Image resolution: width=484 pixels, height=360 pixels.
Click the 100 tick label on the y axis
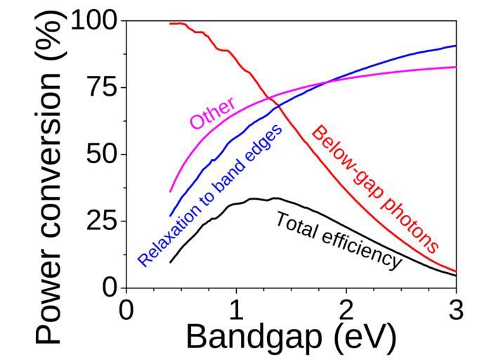96,21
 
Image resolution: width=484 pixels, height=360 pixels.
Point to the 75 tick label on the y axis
103,88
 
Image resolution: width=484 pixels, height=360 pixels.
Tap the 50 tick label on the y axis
103,155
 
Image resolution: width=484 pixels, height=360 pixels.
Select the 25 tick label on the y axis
103,221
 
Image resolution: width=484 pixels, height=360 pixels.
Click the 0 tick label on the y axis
110,288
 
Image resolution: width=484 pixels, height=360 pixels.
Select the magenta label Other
213,112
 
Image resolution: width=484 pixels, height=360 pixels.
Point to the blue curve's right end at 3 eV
456,46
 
